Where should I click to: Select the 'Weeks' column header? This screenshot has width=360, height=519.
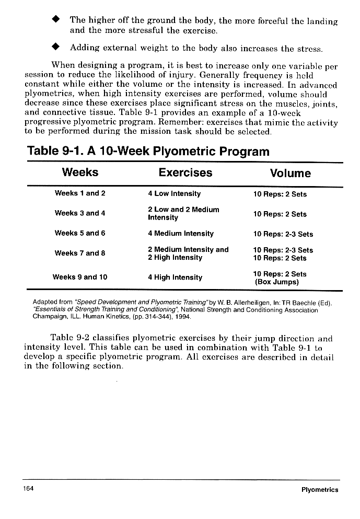80,172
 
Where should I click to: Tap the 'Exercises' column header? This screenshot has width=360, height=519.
185,172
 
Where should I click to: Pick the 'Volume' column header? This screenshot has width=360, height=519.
290,173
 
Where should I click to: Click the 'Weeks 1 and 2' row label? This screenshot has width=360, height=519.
80,193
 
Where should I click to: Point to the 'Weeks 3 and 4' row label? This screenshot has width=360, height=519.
80,213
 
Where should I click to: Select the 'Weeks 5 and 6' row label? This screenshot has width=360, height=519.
80,233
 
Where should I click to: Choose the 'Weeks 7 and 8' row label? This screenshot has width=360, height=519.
80,253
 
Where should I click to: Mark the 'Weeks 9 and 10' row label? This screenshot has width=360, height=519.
80,277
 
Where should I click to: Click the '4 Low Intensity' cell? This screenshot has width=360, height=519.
174,193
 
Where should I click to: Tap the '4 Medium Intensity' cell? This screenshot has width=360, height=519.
180,233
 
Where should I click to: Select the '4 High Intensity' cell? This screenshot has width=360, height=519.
175,277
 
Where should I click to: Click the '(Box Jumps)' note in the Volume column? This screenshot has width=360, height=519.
276,282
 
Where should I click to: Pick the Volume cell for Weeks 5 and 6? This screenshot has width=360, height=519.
283,234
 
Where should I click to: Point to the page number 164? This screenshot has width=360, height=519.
28,489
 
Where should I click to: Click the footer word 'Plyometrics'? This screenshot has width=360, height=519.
320,490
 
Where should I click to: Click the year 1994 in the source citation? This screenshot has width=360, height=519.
183,317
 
